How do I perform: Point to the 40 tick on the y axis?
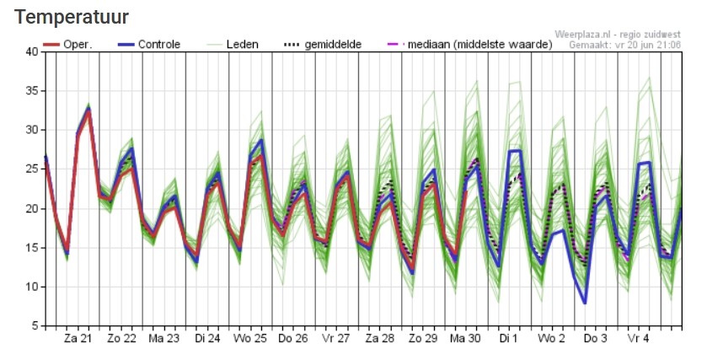(x=31, y=51)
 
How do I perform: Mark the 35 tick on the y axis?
(x=31, y=91)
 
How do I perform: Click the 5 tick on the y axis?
(x=35, y=326)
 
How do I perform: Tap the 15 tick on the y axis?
(x=31, y=248)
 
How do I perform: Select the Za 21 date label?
(x=78, y=338)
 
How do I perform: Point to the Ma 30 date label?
(x=465, y=338)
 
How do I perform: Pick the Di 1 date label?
(x=508, y=338)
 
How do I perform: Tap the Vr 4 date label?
(x=638, y=338)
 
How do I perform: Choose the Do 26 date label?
(x=293, y=338)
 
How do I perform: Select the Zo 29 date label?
(x=422, y=338)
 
